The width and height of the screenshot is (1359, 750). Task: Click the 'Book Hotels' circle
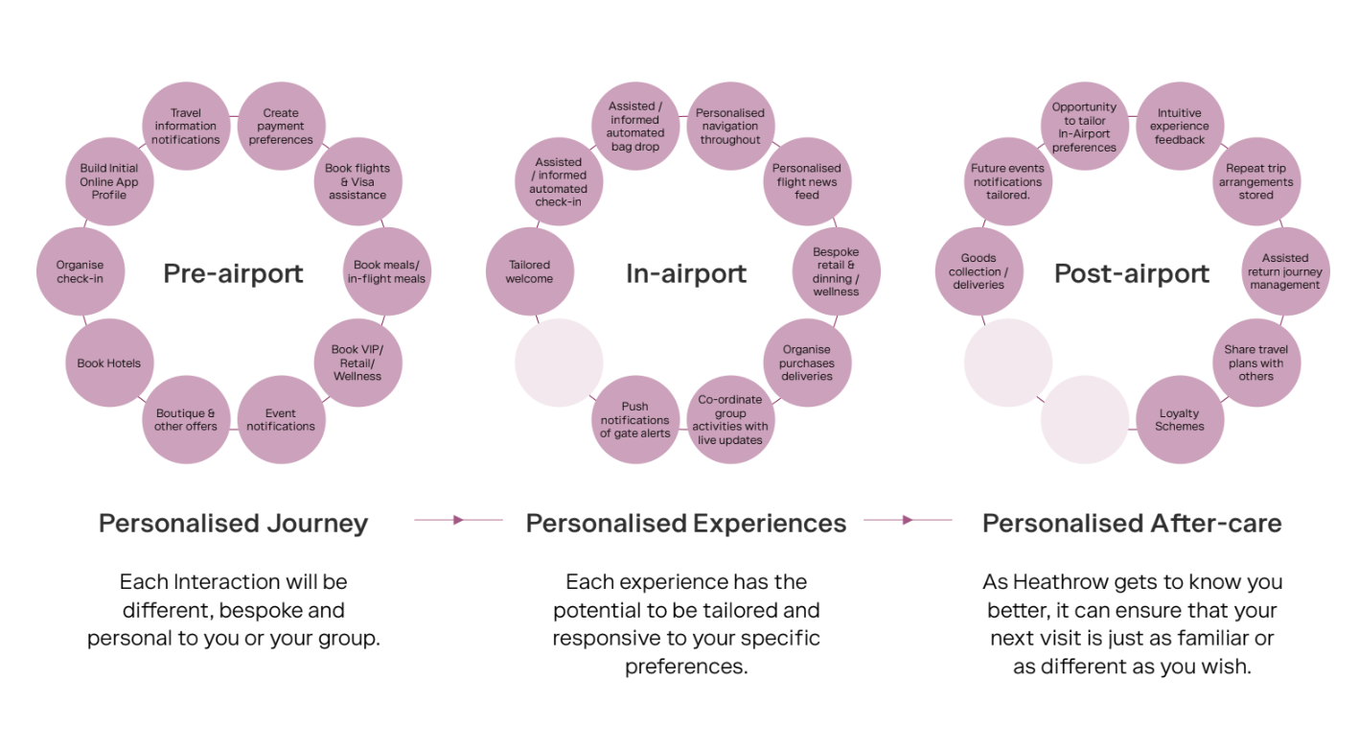(x=109, y=363)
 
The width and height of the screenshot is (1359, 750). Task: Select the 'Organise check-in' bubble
(x=81, y=271)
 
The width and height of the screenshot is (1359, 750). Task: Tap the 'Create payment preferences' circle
(x=281, y=126)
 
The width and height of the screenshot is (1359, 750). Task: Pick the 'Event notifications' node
(x=281, y=420)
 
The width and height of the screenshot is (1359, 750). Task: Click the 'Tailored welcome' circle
(x=530, y=271)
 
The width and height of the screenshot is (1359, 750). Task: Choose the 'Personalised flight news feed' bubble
(x=807, y=181)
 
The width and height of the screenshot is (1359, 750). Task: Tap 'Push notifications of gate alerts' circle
(x=635, y=420)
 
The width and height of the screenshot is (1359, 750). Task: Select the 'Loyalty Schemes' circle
(x=1180, y=420)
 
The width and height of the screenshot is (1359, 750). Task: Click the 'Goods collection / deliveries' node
(x=979, y=271)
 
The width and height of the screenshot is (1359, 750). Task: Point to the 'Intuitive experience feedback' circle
(x=1180, y=126)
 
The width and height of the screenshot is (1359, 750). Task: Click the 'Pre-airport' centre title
(x=233, y=274)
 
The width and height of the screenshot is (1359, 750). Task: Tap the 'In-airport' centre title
(x=686, y=274)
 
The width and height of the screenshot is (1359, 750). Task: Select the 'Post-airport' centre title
(x=1132, y=274)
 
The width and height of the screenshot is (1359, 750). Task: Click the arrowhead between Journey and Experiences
(x=458, y=520)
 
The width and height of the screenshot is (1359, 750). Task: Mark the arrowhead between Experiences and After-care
(x=907, y=520)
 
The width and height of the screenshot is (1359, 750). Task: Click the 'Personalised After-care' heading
(x=1132, y=523)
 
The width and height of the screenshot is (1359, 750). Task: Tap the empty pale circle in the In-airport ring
(x=559, y=363)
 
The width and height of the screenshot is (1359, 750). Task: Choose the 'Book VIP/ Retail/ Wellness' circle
(x=357, y=363)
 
